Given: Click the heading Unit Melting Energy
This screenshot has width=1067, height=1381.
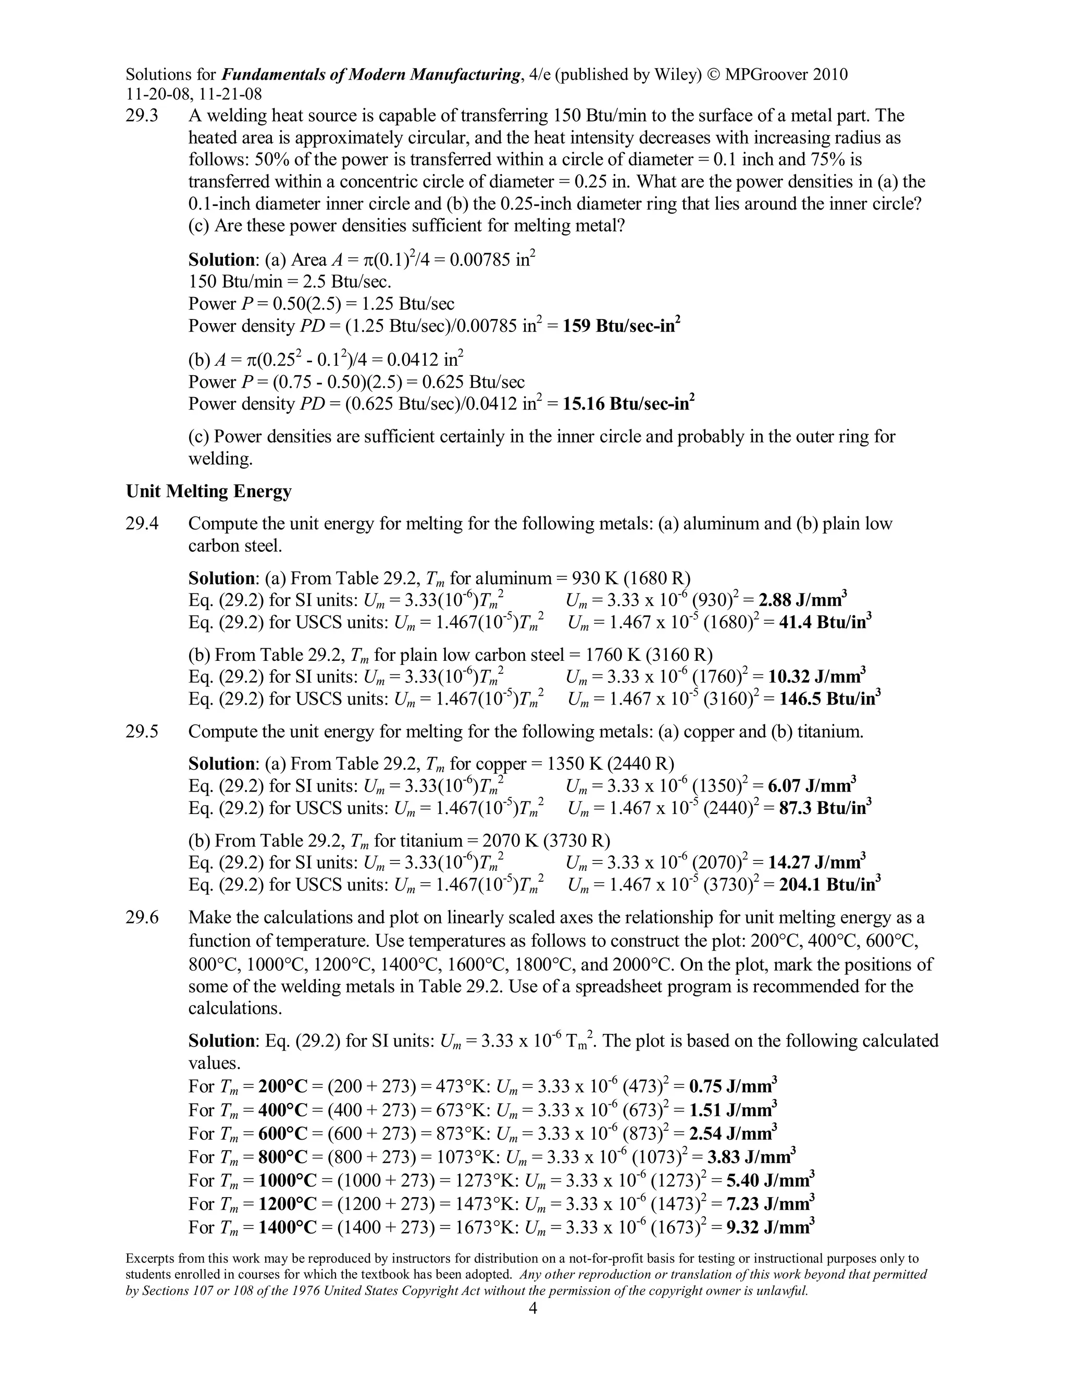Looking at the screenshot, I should pyautogui.click(x=208, y=491).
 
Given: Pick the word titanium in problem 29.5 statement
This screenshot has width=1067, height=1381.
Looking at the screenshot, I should pyautogui.click(x=829, y=732).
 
